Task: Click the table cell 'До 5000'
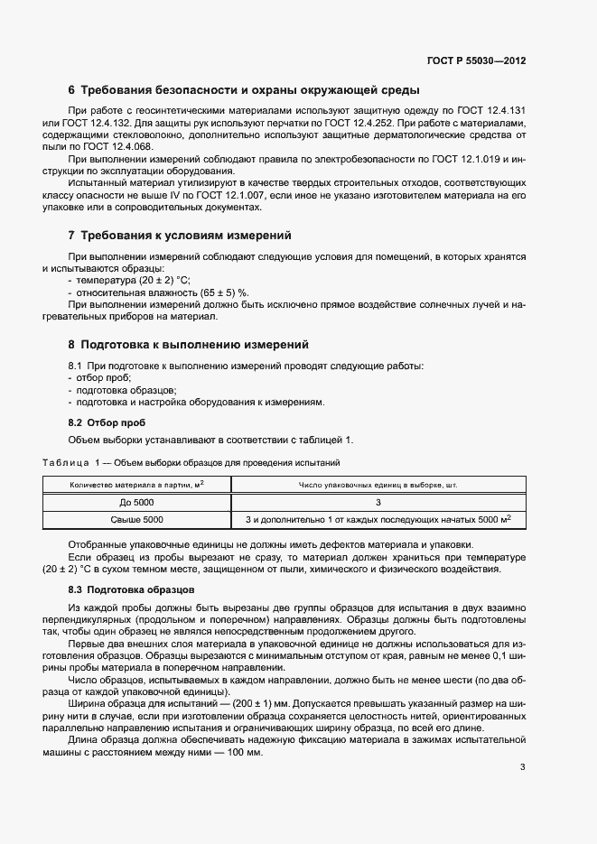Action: coord(136,502)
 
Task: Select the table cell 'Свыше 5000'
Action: coord(136,519)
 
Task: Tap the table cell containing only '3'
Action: coord(378,502)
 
